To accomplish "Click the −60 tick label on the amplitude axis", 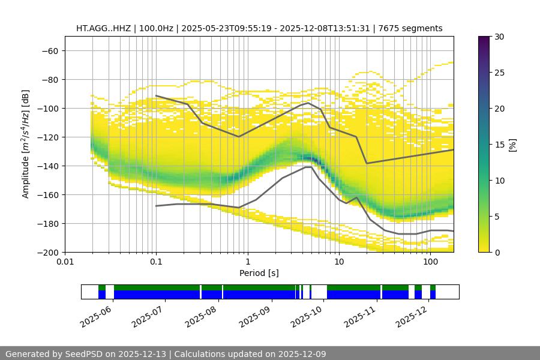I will (49, 51).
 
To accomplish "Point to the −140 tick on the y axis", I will (49, 166).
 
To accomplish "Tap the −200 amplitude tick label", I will (46, 253).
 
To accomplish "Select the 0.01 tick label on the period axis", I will (65, 262).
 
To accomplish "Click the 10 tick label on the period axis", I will (339, 262).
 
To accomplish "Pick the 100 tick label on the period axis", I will (430, 262).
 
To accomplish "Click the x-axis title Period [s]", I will (259, 273).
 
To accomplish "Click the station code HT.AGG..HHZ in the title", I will (103, 28).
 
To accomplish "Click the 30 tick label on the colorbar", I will (499, 37).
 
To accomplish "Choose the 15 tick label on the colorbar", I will (499, 145).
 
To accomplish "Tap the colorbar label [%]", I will (512, 145).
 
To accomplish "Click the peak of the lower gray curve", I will (308, 167).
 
